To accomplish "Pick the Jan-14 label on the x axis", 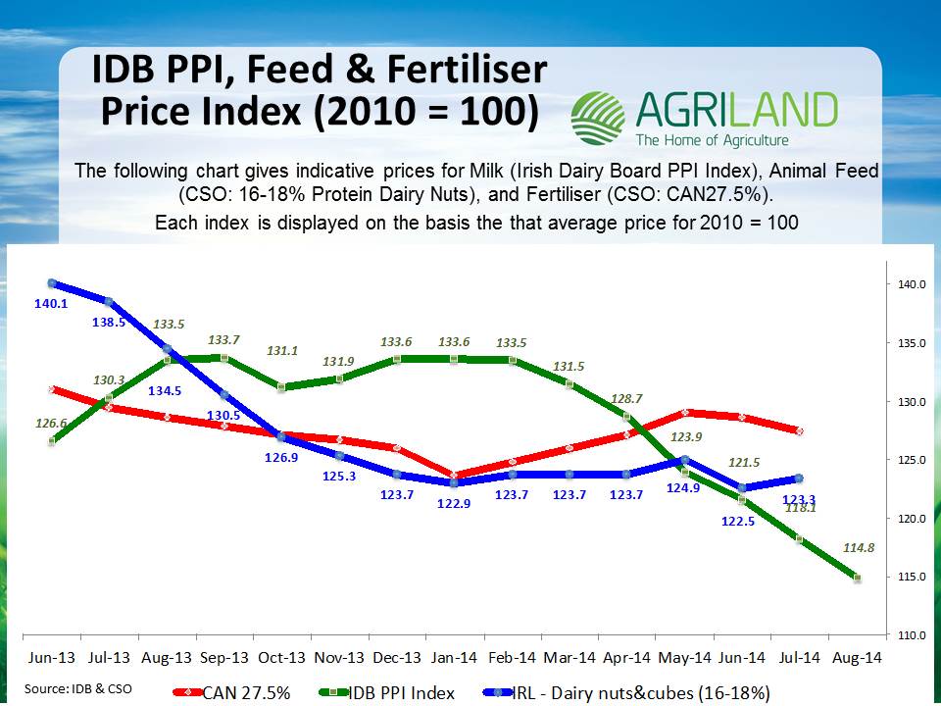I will (x=453, y=659).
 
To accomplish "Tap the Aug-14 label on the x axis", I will (x=857, y=659).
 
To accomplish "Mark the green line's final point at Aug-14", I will (x=857, y=579).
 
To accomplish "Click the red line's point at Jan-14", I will (x=453, y=475).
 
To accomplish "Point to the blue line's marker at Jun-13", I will (x=51, y=283).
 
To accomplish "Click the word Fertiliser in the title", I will (x=447, y=72).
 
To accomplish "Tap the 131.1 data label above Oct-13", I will (x=283, y=352).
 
